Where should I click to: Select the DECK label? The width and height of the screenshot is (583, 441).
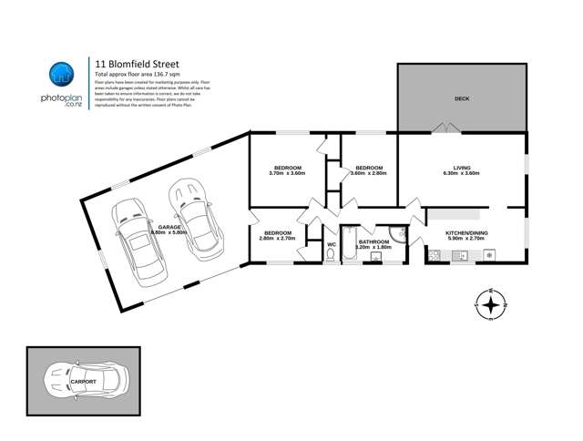[461, 98]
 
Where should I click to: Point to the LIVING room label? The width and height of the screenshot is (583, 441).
[461, 168]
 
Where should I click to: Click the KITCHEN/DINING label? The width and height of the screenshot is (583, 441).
[466, 233]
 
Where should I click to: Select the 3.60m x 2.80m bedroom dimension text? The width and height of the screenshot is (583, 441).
[368, 174]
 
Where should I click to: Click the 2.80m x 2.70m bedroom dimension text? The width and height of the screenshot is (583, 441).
[277, 240]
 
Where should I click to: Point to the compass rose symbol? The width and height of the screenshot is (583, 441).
[491, 304]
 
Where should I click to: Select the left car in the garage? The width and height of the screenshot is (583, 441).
[133, 240]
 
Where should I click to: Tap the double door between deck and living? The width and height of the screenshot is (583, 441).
[445, 128]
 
